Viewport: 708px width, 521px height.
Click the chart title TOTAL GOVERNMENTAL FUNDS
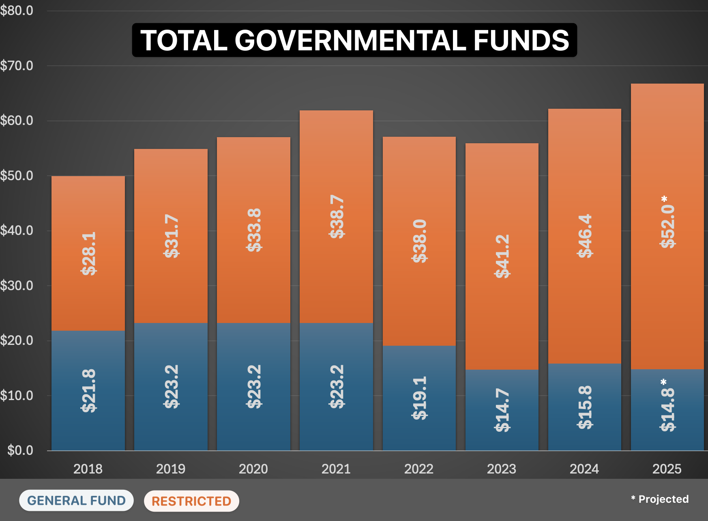pos(354,40)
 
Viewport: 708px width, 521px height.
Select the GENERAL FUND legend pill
pos(76,500)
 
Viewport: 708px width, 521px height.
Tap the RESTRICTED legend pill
pos(191,501)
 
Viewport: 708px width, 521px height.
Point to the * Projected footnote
pos(660,499)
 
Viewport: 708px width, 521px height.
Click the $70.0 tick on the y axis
pos(17,66)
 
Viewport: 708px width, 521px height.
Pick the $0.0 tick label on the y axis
pos(20,450)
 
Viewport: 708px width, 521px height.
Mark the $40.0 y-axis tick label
pos(17,230)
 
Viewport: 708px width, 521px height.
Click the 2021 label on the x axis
pos(336,469)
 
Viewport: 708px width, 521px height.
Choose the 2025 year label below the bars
pos(667,469)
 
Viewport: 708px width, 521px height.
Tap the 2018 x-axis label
pos(88,469)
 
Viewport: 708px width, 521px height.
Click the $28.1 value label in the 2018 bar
pos(89,254)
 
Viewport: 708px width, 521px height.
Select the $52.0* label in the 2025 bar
pos(667,222)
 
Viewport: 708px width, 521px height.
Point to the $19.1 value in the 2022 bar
pos(419,398)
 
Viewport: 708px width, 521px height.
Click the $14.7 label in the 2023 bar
pos(502,410)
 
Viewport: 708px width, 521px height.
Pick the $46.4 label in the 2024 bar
pos(585,236)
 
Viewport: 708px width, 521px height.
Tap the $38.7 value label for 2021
pos(337,216)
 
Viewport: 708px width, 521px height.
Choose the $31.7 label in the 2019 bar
pos(171,236)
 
